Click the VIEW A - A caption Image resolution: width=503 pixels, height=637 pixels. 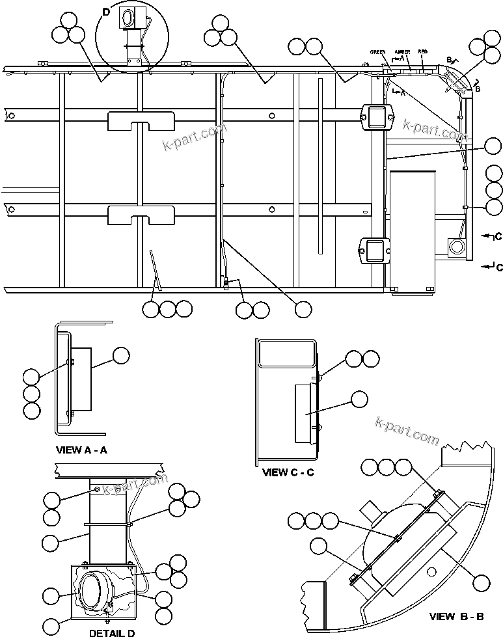[x=82, y=450]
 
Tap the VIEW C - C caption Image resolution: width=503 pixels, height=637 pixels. [x=288, y=472]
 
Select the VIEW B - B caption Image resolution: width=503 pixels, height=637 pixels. [x=455, y=616]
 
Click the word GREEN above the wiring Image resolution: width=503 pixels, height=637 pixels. [x=378, y=52]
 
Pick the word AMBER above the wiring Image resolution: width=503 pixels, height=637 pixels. [x=402, y=52]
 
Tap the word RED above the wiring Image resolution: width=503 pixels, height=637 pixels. [x=423, y=51]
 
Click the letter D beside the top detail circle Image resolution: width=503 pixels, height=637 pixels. [x=106, y=12]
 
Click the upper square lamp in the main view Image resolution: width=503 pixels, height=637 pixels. [x=375, y=117]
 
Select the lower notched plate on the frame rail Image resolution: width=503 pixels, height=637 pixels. [x=141, y=214]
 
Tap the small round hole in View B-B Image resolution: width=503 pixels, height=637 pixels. [x=429, y=571]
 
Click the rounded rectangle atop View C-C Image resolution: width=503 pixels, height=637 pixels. [x=286, y=354]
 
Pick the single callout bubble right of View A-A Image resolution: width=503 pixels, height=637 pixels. [x=121, y=355]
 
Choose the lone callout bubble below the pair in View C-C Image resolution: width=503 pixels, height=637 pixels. [x=359, y=399]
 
